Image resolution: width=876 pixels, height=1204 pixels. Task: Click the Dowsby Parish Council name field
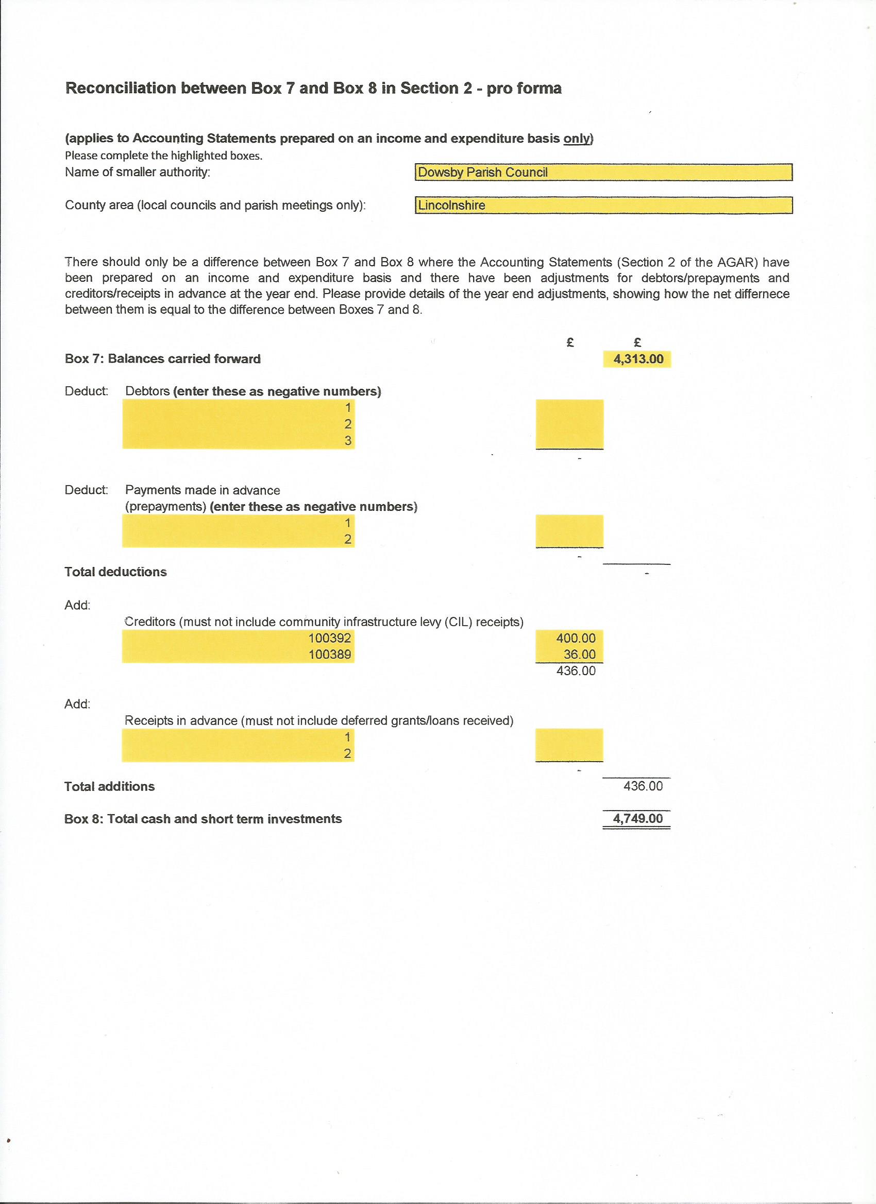pyautogui.click(x=603, y=173)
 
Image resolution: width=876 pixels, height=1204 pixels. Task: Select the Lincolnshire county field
pyautogui.click(x=603, y=205)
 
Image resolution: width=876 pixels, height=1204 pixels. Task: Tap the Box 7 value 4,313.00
pyautogui.click(x=637, y=359)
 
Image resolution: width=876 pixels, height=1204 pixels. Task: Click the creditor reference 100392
pyautogui.click(x=329, y=638)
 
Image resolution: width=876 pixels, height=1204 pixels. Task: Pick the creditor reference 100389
pyautogui.click(x=329, y=655)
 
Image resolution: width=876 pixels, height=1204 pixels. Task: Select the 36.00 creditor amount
pyautogui.click(x=579, y=655)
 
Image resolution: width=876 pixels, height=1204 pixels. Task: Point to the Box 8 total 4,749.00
pyautogui.click(x=637, y=819)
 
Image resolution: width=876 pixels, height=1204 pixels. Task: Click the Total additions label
pyautogui.click(x=109, y=787)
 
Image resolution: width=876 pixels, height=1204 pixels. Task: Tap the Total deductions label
pyautogui.click(x=115, y=572)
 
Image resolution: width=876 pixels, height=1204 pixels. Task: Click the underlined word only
pyautogui.click(x=577, y=139)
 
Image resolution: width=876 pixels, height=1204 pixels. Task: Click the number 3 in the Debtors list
pyautogui.click(x=348, y=441)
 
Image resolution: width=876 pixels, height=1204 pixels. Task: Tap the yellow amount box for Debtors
pyautogui.click(x=569, y=424)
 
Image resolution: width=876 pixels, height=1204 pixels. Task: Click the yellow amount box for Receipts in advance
pyautogui.click(x=569, y=745)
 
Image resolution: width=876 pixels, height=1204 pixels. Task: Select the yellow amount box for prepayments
pyautogui.click(x=569, y=531)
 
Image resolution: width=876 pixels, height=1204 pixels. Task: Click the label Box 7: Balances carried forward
pyautogui.click(x=162, y=359)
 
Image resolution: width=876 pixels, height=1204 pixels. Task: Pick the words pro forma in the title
pyautogui.click(x=524, y=88)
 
